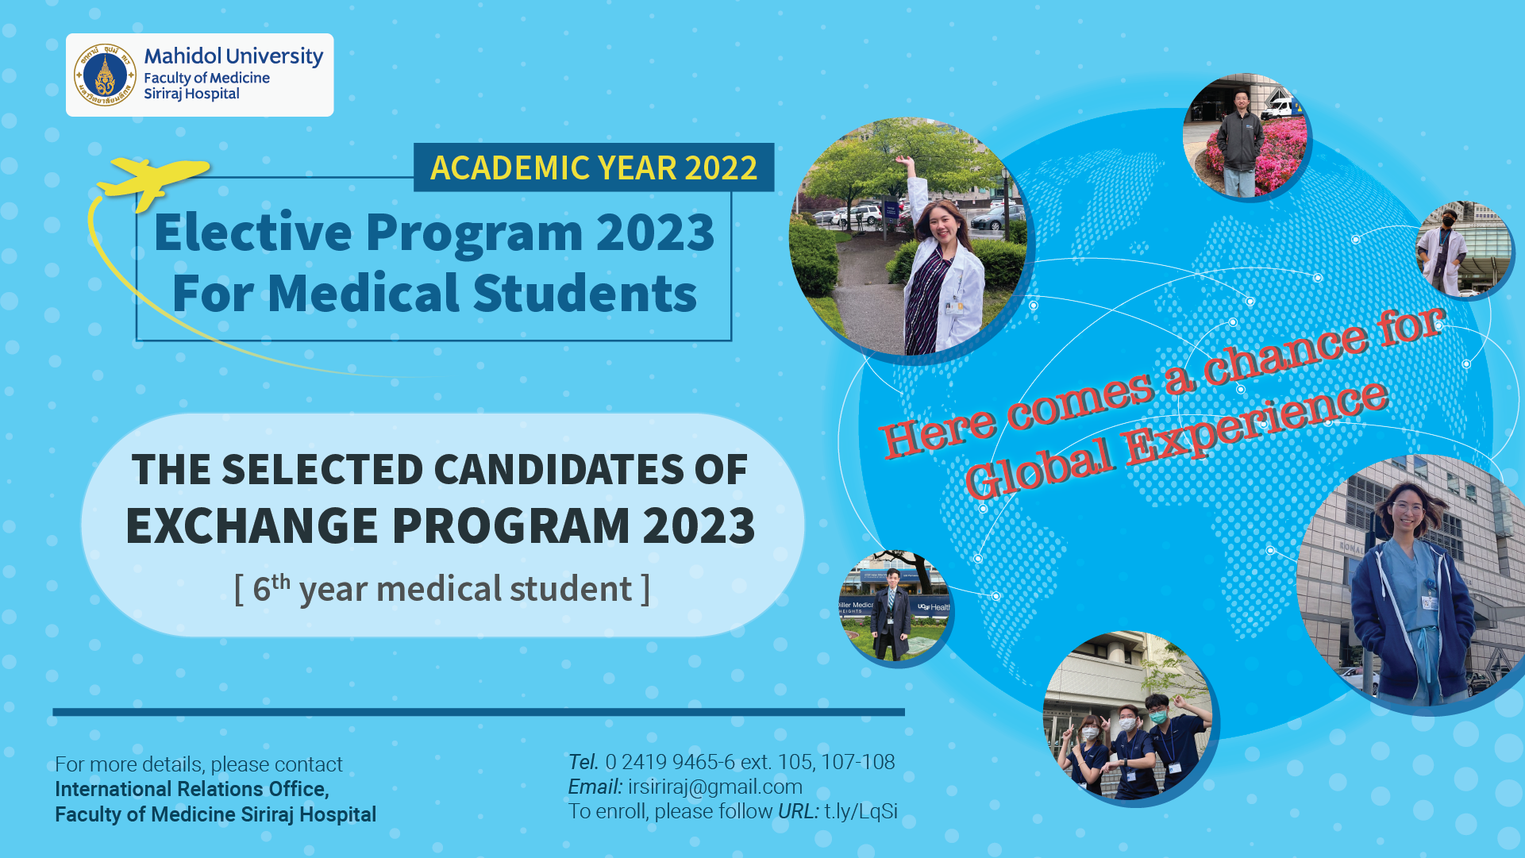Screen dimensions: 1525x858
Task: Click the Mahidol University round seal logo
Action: pyautogui.click(x=105, y=75)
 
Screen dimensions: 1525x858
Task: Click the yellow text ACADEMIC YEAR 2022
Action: pyautogui.click(x=594, y=168)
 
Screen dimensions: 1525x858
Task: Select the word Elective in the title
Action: pyautogui.click(x=253, y=233)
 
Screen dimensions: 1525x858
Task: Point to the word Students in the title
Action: pyautogui.click(x=585, y=294)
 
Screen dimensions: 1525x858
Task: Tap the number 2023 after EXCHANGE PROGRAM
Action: pyautogui.click(x=699, y=526)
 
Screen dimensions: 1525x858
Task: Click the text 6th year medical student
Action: pyautogui.click(x=442, y=589)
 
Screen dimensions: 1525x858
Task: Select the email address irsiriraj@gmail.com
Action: pyautogui.click(x=714, y=787)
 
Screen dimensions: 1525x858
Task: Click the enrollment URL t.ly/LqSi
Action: pyautogui.click(x=861, y=811)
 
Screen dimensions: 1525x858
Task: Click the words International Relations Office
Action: pyautogui.click(x=191, y=789)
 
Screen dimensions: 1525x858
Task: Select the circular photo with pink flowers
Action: pyautogui.click(x=1245, y=136)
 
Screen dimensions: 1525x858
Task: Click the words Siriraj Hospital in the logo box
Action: pyautogui.click(x=191, y=94)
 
